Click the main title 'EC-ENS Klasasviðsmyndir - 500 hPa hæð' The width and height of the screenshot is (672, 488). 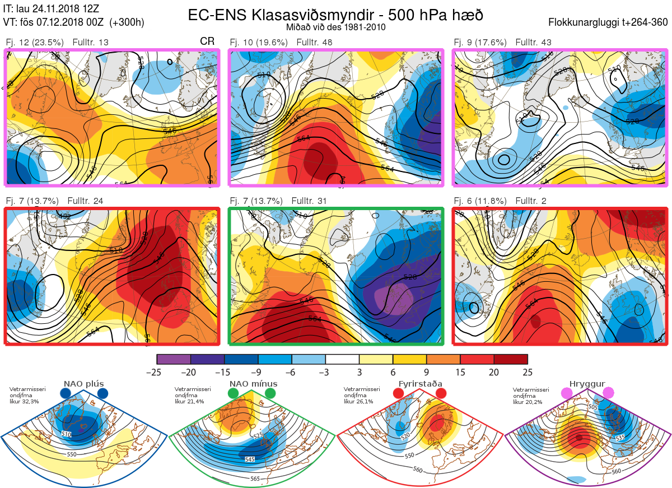point(335,15)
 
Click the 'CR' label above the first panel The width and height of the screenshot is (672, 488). point(207,41)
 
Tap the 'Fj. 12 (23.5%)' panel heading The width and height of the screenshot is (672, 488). point(34,42)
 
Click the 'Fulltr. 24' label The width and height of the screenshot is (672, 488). point(85,201)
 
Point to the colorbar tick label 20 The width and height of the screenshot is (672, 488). point(494,371)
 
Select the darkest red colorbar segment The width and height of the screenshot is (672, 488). point(511,359)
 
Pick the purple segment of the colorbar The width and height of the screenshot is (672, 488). point(174,359)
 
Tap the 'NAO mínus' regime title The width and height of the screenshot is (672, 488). point(253,384)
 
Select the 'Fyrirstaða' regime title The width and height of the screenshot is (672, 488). point(420,384)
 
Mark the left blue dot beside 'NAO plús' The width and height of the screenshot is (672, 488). point(66,394)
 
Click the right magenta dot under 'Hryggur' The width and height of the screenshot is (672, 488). point(608,393)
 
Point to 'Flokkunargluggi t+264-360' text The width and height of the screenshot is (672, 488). point(609,23)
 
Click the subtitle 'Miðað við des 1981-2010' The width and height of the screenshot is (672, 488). point(335,27)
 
